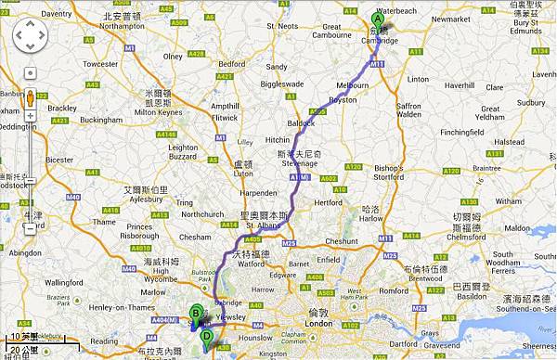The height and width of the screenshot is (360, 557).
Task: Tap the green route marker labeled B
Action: [196, 314]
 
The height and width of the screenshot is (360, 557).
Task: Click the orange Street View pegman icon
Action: [30, 99]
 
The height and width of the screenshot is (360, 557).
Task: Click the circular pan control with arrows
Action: [30, 37]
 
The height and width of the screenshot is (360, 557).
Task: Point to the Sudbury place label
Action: [532, 102]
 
